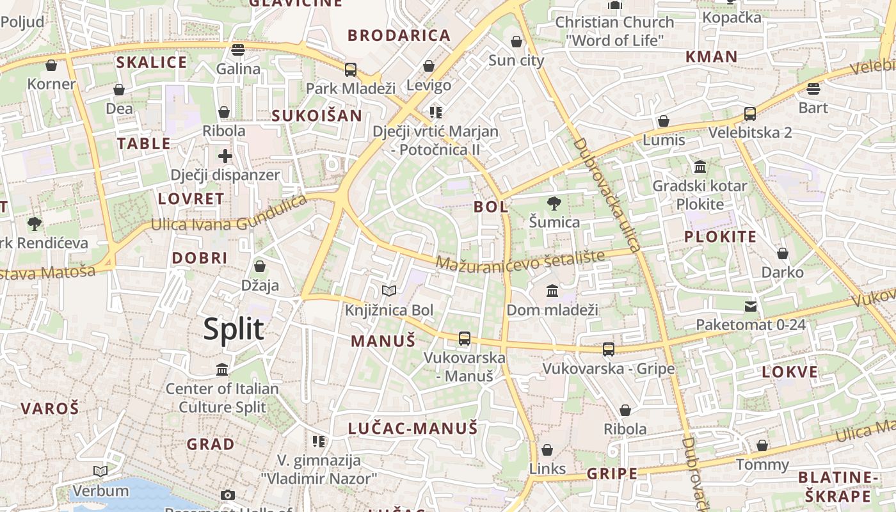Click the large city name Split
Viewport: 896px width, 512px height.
point(234,329)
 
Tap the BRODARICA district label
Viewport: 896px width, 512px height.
point(399,35)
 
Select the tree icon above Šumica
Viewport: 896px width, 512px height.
point(554,204)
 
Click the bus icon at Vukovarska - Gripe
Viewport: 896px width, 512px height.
point(609,349)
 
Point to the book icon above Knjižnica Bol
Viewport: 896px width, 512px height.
point(389,291)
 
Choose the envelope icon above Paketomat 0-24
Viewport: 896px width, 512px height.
point(751,307)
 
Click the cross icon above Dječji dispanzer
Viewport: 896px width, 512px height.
point(225,156)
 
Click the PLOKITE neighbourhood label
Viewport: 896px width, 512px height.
point(721,237)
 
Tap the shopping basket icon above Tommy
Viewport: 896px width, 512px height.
point(762,445)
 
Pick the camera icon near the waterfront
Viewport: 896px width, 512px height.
point(227,495)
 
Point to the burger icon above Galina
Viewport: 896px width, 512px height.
point(238,50)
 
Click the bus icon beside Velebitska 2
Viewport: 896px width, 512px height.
point(750,114)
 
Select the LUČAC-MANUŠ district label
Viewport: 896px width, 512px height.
point(413,428)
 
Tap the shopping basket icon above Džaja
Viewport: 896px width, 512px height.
point(260,266)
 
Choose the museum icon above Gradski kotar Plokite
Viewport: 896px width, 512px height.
point(700,167)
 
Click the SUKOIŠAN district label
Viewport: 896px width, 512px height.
point(317,116)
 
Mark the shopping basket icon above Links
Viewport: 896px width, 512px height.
point(547,451)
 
